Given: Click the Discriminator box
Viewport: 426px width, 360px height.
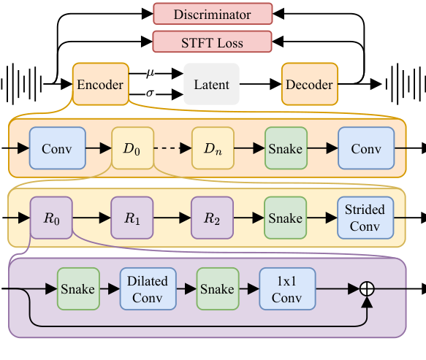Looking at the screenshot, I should [x=212, y=14].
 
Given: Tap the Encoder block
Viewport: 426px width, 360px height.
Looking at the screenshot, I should [x=100, y=85].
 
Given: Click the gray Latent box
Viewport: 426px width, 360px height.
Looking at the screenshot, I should [x=211, y=85].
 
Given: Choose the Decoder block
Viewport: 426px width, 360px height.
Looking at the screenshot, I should [x=308, y=85].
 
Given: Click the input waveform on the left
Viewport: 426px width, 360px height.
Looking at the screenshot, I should [x=21, y=84].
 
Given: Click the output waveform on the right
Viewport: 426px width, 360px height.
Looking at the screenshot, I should [x=404, y=84].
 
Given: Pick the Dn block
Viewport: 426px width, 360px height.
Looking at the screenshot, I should [x=213, y=149].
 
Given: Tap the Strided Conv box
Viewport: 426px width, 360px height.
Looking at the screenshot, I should [x=365, y=218].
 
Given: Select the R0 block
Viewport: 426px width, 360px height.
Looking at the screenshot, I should [x=50, y=218].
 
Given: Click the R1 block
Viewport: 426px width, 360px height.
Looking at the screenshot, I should [x=132, y=218].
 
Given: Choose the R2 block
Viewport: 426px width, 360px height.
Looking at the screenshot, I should [x=213, y=218].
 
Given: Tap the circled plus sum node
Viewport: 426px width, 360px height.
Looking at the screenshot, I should [x=368, y=289].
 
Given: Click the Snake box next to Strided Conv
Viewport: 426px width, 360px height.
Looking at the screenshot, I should [x=285, y=218].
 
